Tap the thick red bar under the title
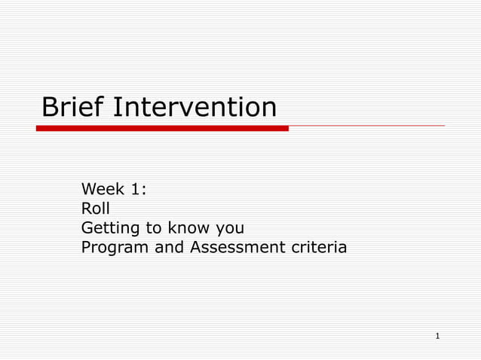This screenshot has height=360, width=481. click(162, 129)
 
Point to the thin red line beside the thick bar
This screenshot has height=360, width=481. click(366, 126)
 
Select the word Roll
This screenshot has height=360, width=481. click(95, 208)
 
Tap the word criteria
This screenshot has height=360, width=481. click(320, 247)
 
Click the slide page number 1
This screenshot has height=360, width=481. click(437, 334)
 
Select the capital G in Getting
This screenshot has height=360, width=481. click(87, 227)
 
